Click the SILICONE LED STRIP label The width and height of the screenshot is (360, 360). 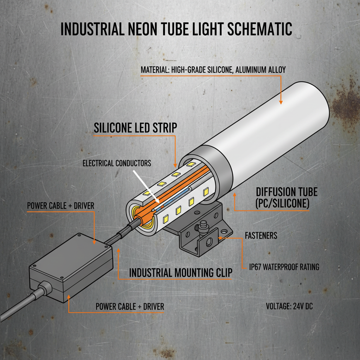(135, 128)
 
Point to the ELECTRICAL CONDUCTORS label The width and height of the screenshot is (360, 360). (117, 163)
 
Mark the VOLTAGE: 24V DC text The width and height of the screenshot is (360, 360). (289, 306)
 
